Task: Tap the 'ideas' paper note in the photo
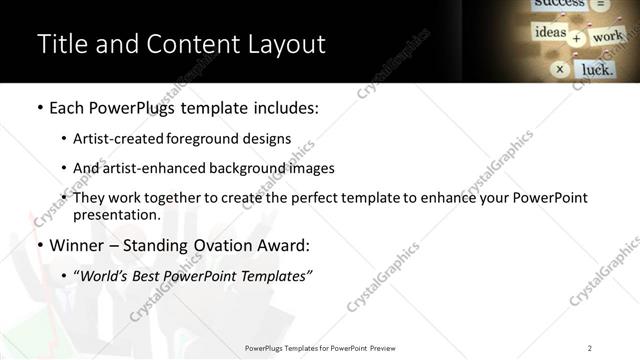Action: pos(550,33)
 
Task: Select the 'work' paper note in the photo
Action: pos(607,37)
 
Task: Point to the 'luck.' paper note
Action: pos(598,69)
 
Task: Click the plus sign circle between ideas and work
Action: pos(576,39)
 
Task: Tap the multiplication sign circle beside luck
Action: pos(560,69)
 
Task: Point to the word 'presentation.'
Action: pos(116,215)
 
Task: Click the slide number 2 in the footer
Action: pos(590,348)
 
